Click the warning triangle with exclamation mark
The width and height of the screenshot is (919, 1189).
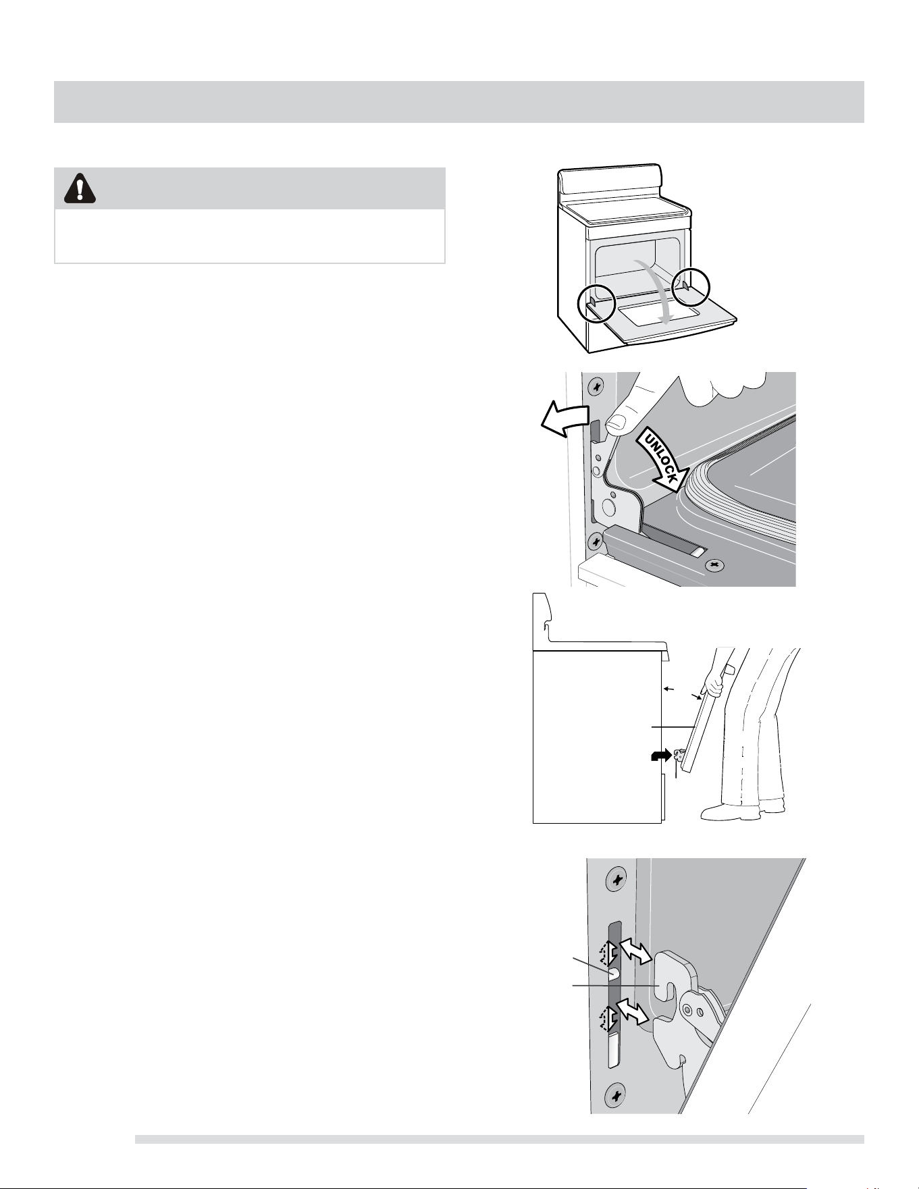(80, 188)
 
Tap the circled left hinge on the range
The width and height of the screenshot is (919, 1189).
(596, 305)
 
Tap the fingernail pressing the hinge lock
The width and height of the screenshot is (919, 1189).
(615, 425)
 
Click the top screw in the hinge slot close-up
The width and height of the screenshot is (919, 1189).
(616, 880)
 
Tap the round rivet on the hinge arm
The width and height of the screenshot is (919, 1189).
(687, 1010)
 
